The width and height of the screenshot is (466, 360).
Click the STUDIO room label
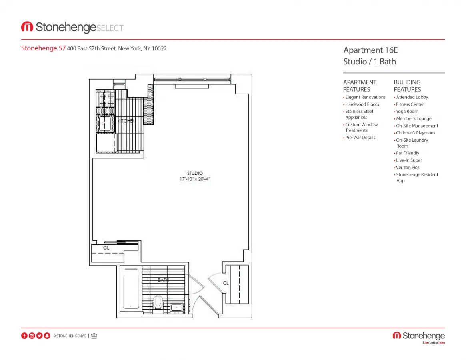click(x=195, y=173)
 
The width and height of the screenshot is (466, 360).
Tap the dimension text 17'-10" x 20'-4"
click(x=195, y=179)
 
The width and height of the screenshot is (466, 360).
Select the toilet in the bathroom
click(x=158, y=302)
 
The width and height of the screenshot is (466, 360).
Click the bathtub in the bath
click(x=131, y=288)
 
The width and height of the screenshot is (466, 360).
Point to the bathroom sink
click(x=176, y=307)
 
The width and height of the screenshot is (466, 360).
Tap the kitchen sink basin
click(x=106, y=123)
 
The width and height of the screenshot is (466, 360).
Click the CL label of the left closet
click(x=106, y=248)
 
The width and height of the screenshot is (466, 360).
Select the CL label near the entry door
click(x=226, y=283)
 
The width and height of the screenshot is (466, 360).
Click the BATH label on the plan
click(x=163, y=280)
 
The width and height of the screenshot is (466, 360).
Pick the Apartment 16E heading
click(x=370, y=50)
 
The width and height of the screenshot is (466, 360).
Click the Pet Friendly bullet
click(x=408, y=153)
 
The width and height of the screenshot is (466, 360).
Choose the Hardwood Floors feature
click(x=362, y=104)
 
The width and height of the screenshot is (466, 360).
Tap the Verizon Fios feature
click(x=408, y=168)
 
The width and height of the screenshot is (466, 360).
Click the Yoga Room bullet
click(x=407, y=112)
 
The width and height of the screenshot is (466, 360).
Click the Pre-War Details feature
click(x=360, y=138)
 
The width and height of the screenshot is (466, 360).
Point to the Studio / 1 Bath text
click(x=370, y=62)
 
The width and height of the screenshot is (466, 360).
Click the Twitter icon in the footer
click(x=39, y=336)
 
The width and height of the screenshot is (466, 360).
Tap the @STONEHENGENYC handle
click(x=70, y=336)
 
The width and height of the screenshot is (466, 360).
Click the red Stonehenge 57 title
click(x=43, y=48)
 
